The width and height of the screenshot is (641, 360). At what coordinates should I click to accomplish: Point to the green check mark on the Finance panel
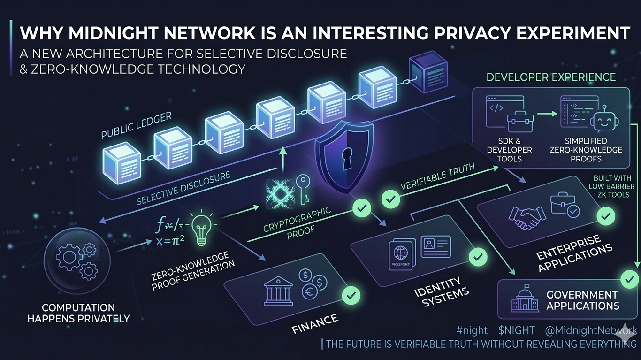point(351,295)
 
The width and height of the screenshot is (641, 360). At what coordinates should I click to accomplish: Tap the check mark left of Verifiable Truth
point(390,199)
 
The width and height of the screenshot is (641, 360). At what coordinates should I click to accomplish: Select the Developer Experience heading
point(551,77)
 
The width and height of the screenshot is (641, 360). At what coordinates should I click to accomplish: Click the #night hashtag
point(471,330)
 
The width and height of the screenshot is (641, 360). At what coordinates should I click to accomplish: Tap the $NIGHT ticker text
point(516,330)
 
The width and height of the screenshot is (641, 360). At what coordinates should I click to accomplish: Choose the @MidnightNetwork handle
point(591,330)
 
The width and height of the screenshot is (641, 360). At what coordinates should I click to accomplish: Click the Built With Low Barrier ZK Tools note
point(612,186)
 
